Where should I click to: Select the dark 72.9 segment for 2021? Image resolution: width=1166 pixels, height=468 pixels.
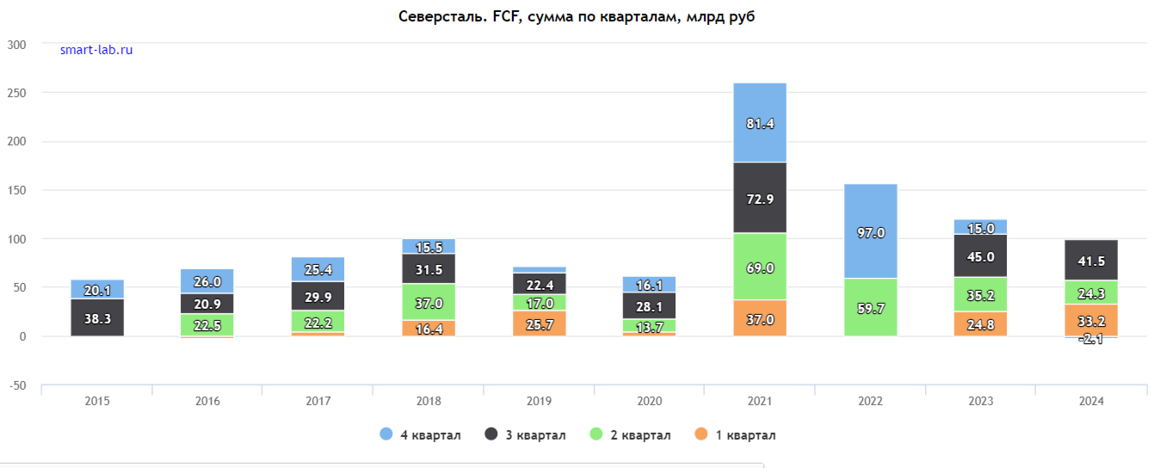[x=760, y=198]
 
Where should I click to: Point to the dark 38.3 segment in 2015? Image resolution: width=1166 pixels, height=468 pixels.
[x=96, y=317]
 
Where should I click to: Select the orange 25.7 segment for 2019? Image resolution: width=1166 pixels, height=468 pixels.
[x=539, y=323]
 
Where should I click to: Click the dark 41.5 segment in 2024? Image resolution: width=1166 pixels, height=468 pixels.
[x=1090, y=261]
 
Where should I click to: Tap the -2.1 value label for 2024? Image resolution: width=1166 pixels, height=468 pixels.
[x=1090, y=340]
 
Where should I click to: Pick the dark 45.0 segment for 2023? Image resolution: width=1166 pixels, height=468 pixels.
[x=980, y=256]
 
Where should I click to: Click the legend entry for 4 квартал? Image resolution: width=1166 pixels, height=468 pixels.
[x=421, y=435]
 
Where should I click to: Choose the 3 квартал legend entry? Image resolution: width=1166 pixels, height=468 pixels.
[x=526, y=435]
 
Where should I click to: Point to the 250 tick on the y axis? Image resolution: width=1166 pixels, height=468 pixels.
[x=16, y=93]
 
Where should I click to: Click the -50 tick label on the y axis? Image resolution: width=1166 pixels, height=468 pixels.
[x=16, y=385]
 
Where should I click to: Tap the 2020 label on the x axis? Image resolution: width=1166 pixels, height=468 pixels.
[x=650, y=402]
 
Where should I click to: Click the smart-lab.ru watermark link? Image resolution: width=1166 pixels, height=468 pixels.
[x=96, y=50]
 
